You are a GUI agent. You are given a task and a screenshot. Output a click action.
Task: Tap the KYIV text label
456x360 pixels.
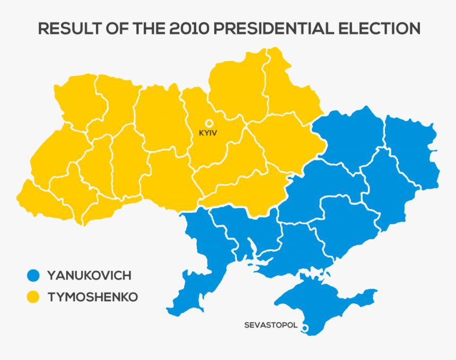pyautogui.click(x=208, y=133)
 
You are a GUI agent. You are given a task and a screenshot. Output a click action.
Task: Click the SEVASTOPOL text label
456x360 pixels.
pyautogui.click(x=270, y=325)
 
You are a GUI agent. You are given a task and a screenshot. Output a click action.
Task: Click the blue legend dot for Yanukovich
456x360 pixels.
pyautogui.click(x=33, y=275)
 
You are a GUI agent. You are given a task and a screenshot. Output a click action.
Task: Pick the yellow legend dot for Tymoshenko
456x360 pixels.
pyautogui.click(x=33, y=297)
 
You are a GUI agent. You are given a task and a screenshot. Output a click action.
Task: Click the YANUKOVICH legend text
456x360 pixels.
pyautogui.click(x=89, y=276)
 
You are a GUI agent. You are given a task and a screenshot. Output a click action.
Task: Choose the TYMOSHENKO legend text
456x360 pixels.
pyautogui.click(x=92, y=297)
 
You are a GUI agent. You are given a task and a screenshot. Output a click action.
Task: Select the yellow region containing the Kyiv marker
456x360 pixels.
pyautogui.click(x=212, y=143)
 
